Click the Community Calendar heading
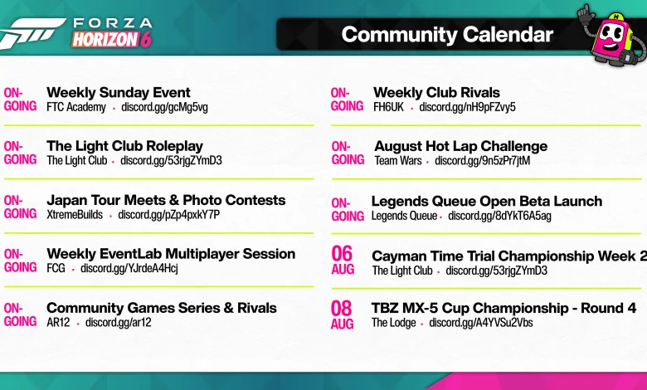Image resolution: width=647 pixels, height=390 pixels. (x=447, y=35)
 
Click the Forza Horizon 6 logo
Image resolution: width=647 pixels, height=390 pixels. (x=76, y=33)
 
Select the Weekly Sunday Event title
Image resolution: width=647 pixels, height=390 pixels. (x=119, y=92)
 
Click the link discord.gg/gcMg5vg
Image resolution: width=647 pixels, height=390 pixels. (x=164, y=107)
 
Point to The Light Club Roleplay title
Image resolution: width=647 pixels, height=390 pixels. (x=124, y=146)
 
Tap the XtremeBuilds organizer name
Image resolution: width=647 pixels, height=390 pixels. (x=75, y=215)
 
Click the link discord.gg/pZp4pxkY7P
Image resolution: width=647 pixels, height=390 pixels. (x=168, y=215)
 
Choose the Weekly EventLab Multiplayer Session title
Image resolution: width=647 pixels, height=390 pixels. (x=171, y=254)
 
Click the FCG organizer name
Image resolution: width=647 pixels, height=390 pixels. (x=56, y=268)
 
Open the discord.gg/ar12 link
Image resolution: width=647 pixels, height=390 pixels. (x=118, y=322)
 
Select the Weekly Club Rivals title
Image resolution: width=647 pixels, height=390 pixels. (x=436, y=92)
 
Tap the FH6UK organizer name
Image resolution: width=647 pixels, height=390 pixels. (x=388, y=107)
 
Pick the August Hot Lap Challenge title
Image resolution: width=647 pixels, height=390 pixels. (x=461, y=146)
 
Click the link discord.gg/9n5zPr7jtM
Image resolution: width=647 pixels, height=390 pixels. (x=483, y=160)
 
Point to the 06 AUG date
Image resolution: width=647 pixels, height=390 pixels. (x=343, y=260)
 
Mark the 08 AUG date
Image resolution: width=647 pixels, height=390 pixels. (x=342, y=314)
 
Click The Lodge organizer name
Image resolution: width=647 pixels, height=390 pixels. (x=393, y=323)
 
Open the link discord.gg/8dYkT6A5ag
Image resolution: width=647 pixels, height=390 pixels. (x=499, y=216)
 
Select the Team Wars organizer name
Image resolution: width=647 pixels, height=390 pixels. (x=398, y=160)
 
